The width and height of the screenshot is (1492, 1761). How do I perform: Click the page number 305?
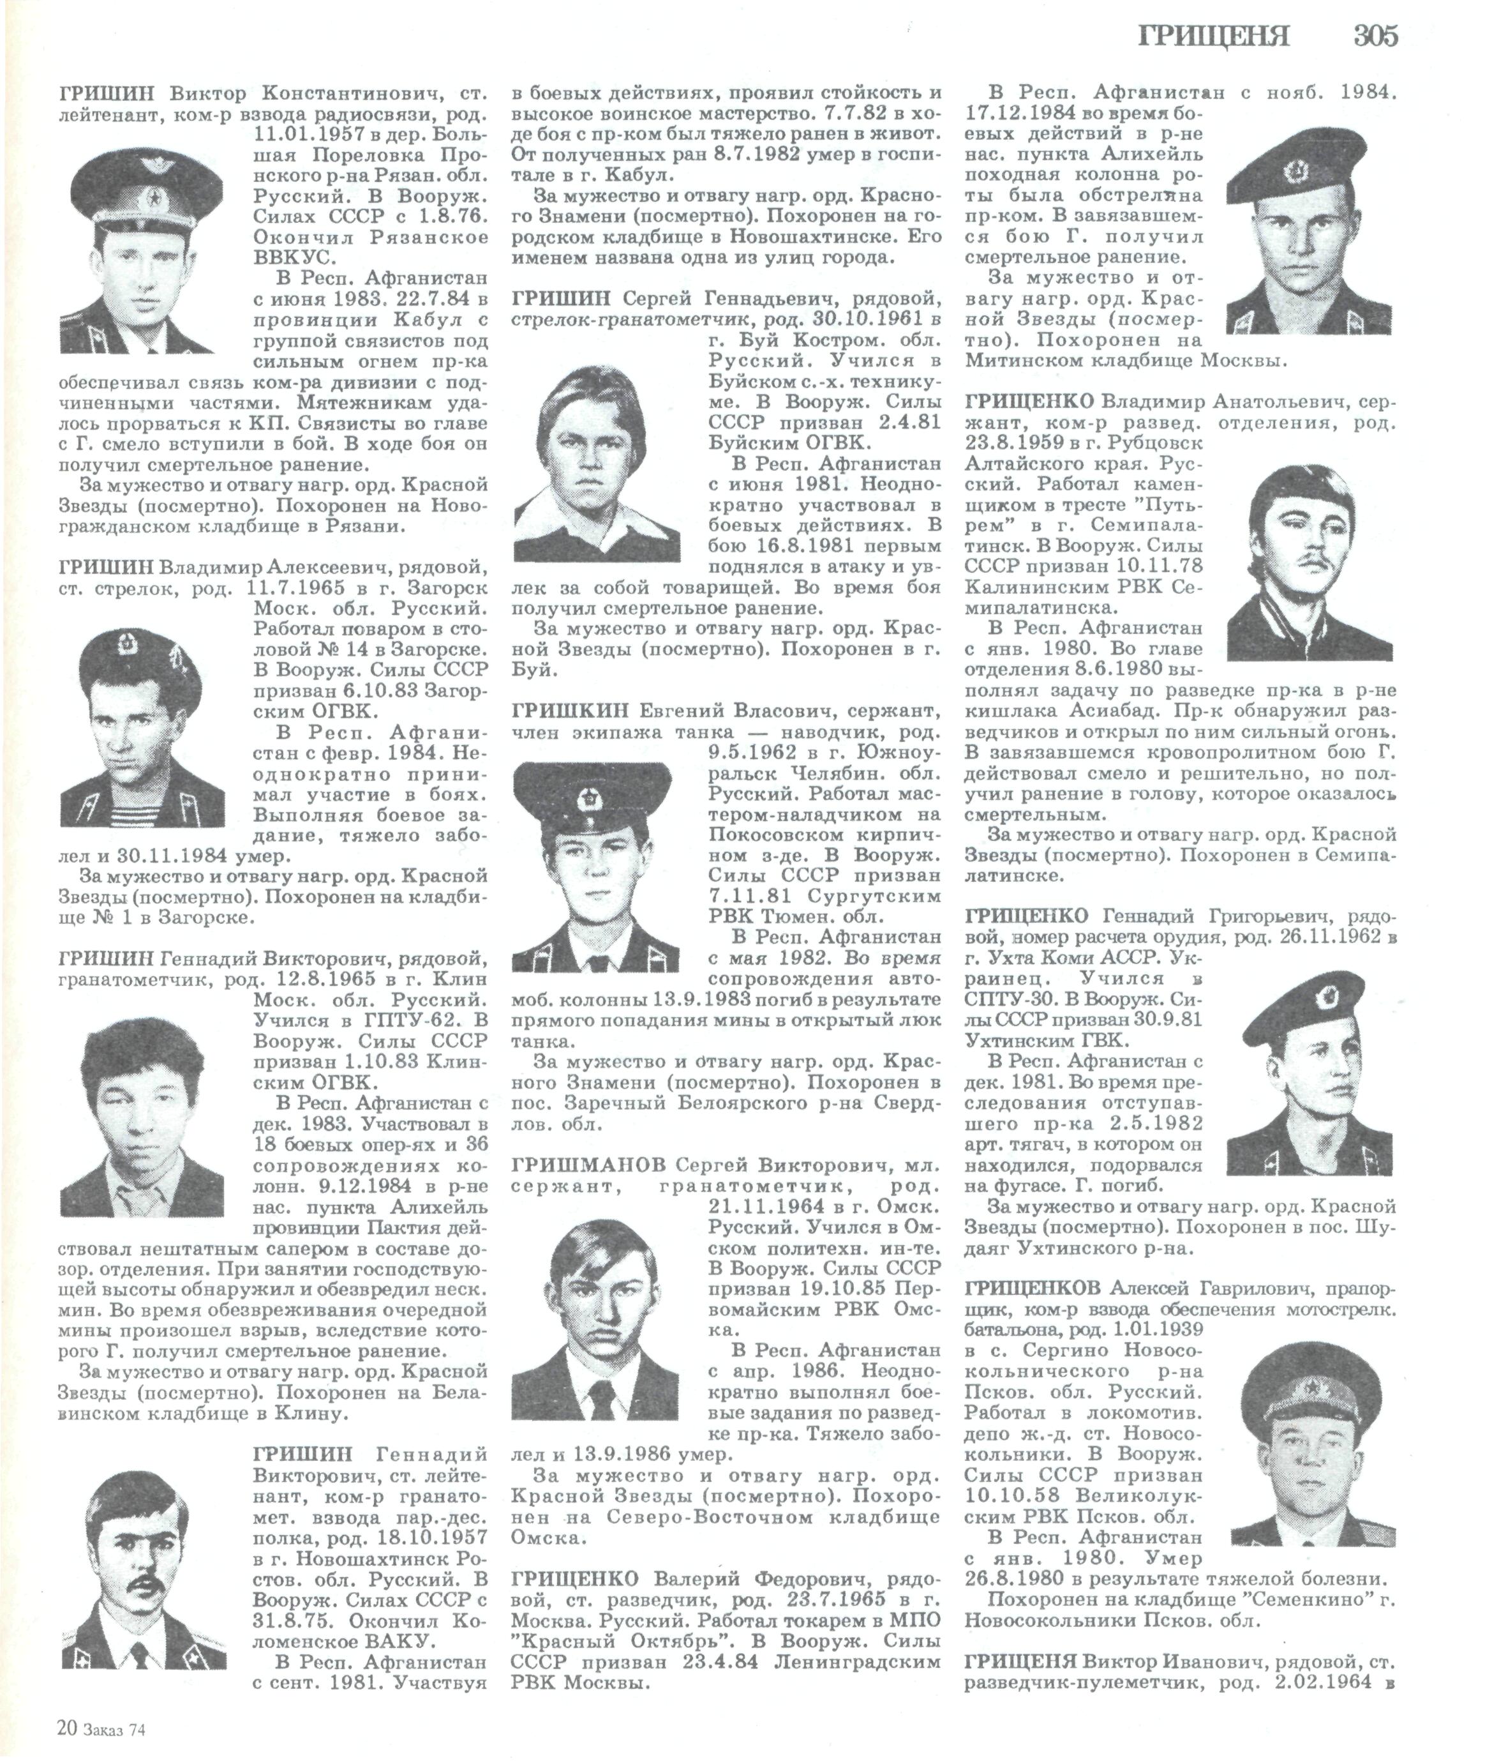coord(1376,36)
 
